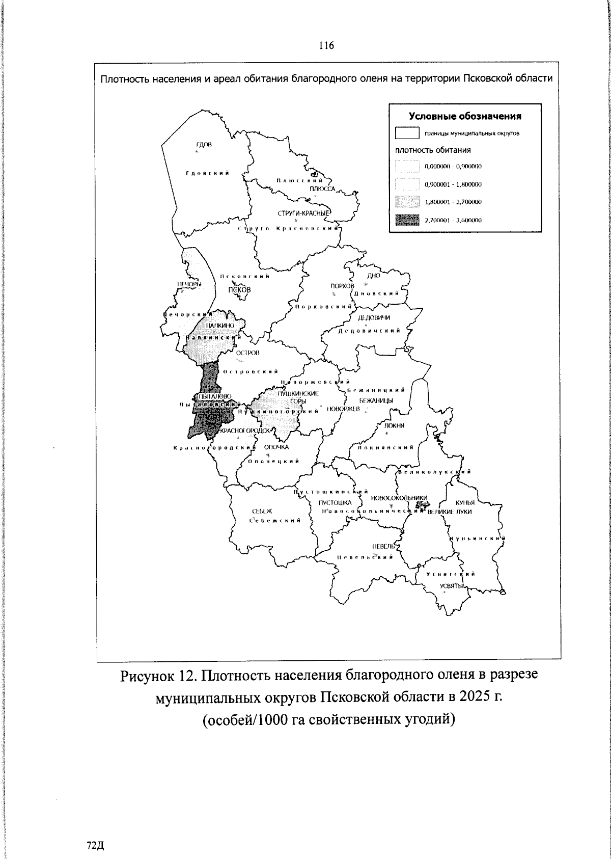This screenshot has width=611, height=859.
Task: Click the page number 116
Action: pos(326,46)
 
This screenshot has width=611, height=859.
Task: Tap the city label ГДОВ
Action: pos(204,145)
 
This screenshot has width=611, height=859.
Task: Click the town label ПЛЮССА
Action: pos(322,189)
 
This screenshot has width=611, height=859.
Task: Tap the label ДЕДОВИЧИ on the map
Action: pos(374,318)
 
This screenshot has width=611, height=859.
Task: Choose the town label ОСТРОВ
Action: pos(248,353)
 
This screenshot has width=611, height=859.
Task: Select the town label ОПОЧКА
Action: pos(276,447)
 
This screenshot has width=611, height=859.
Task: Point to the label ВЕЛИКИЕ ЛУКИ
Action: pos(450,512)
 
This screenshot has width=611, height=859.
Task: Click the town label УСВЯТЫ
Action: pos(451,586)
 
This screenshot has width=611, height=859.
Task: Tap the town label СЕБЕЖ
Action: pos(262,511)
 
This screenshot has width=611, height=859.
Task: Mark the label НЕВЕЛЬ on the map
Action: pos(383,546)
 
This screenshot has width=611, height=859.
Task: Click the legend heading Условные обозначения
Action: pos(465,116)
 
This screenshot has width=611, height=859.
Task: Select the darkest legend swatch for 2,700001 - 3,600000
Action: pos(407,220)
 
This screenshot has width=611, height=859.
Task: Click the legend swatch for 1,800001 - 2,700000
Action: pos(407,202)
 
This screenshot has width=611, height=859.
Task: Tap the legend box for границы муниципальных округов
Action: pos(407,133)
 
